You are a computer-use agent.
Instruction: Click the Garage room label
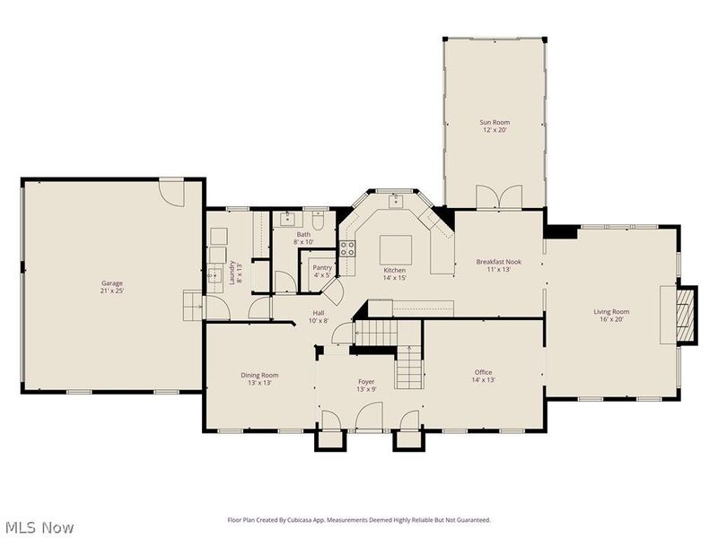click(111, 283)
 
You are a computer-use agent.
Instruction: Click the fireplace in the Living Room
click(685, 316)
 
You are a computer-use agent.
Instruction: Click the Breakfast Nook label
click(498, 262)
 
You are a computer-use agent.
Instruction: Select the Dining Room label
click(259, 375)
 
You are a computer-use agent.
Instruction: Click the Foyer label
click(366, 381)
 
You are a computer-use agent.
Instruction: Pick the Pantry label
click(322, 267)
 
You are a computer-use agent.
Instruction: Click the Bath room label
click(304, 234)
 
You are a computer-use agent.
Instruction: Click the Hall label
click(319, 313)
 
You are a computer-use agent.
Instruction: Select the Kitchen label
click(395, 270)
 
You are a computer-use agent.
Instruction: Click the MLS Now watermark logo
click(39, 527)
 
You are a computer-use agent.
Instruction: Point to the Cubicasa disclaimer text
click(359, 520)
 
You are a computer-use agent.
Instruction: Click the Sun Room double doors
click(499, 196)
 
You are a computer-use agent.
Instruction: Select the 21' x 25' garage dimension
click(111, 291)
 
